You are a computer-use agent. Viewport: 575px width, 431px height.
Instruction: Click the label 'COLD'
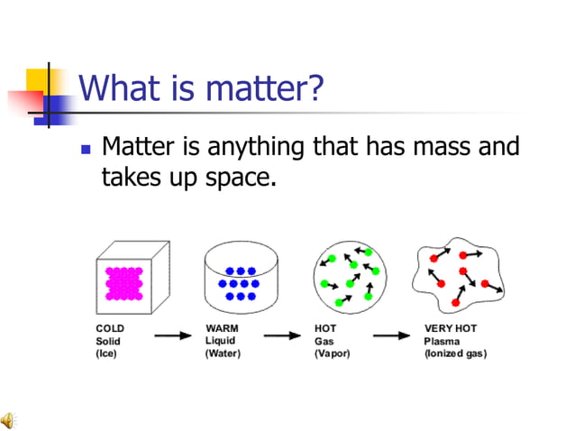pos(111,328)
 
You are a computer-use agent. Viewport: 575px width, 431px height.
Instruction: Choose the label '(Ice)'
pos(107,353)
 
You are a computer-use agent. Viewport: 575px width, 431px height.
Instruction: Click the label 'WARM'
pos(223,328)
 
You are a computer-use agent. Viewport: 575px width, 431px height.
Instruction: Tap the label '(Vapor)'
pos(333,353)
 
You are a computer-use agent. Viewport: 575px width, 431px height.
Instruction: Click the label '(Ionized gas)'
pos(455,353)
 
